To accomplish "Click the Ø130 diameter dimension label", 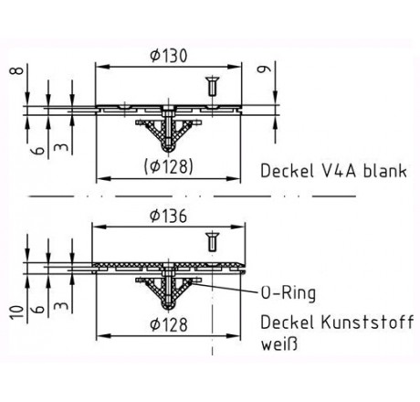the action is coord(168,56).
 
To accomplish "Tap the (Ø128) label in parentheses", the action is coord(168,166).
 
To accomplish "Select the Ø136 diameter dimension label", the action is coord(168,216).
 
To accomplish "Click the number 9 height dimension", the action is coord(264,69).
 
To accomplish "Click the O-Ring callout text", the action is coord(289,293).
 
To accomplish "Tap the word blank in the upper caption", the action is coord(385,171).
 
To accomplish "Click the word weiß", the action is coord(279,344).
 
